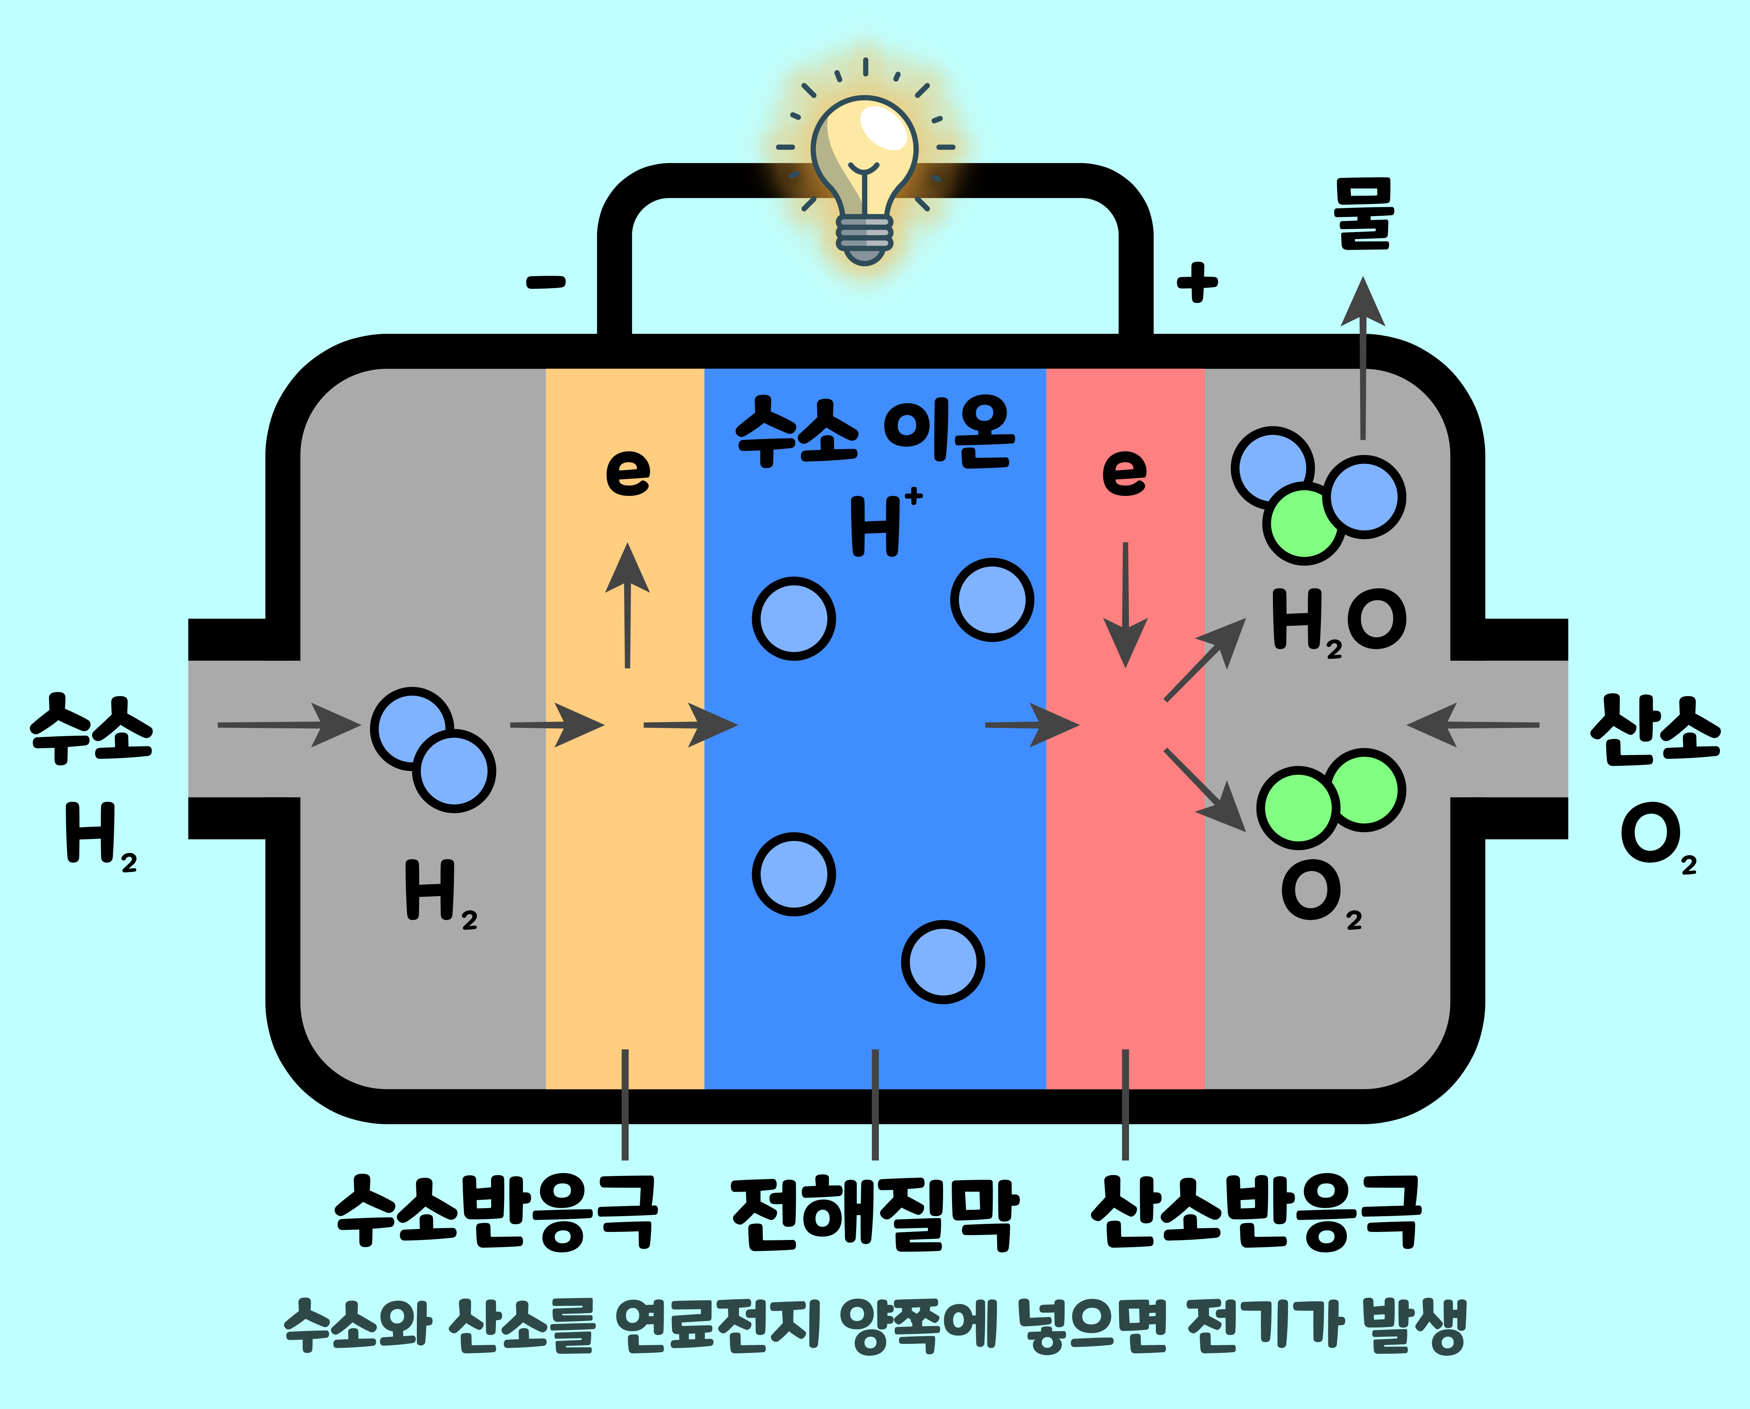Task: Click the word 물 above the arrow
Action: pos(1364,213)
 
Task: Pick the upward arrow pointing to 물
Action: pos(1363,357)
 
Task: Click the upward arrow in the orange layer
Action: pos(628,605)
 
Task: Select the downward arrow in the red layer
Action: pos(1125,605)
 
